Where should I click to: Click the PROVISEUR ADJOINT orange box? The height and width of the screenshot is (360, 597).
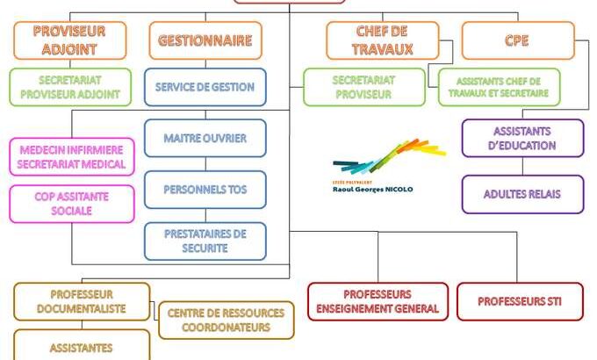tap(70, 40)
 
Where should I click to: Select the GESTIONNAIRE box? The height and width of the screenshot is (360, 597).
tap(205, 40)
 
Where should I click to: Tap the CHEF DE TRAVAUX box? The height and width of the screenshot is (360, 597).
tap(382, 40)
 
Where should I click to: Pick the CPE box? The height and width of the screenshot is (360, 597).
tap(517, 40)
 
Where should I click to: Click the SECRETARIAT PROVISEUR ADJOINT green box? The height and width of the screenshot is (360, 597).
tap(71, 87)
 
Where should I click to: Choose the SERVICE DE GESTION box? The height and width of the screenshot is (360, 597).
tap(205, 87)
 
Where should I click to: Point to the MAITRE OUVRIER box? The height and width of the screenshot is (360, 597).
tap(205, 138)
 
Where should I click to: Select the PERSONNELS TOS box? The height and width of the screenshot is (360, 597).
tap(205, 189)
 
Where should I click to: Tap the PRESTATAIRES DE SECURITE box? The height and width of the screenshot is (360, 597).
tap(205, 241)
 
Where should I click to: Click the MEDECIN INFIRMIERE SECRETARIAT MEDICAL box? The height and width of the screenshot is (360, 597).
tap(72, 156)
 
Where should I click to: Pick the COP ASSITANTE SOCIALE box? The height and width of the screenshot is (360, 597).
tap(72, 203)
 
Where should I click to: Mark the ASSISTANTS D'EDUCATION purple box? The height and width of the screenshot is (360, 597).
tap(522, 138)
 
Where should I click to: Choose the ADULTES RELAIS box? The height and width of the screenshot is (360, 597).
tap(522, 194)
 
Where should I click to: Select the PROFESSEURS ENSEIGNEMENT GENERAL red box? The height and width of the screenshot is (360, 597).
tap(378, 301)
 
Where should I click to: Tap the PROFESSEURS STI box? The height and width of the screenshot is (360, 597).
tap(518, 301)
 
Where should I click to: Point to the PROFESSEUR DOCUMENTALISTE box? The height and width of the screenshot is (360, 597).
tap(82, 301)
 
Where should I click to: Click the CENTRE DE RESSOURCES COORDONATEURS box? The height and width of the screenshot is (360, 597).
tap(227, 320)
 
